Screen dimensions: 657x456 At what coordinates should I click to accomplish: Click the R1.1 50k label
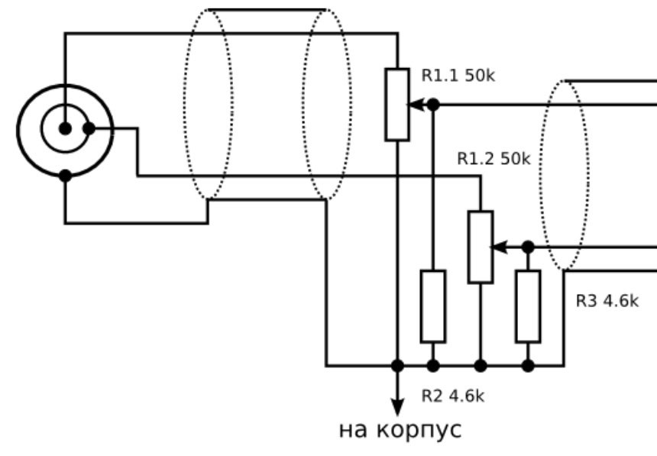(x=458, y=76)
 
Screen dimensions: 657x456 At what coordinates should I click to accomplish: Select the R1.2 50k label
(x=494, y=159)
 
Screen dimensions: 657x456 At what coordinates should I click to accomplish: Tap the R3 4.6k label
(x=607, y=301)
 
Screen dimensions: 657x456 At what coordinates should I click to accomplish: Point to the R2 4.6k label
(x=452, y=396)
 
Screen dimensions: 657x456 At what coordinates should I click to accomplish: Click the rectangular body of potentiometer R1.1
(x=397, y=105)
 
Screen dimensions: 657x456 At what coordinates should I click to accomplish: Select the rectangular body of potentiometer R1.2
(x=481, y=247)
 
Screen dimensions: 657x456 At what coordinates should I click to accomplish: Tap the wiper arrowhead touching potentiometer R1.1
(x=416, y=105)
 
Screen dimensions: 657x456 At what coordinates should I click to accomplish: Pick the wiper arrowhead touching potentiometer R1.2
(x=499, y=247)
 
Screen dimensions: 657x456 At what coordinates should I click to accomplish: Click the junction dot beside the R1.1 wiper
(x=433, y=105)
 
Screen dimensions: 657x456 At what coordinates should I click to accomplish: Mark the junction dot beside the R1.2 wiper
(x=528, y=247)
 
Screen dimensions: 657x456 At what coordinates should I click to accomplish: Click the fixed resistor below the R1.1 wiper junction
(x=433, y=306)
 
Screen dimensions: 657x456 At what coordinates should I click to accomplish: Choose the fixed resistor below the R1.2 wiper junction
(x=528, y=306)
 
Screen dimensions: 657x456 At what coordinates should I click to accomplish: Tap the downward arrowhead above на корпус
(x=397, y=407)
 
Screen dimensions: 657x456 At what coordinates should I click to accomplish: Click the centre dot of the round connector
(x=65, y=128)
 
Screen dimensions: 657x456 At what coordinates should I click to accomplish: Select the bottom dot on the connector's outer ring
(x=65, y=176)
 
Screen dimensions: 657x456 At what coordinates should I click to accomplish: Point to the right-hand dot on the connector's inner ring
(x=89, y=128)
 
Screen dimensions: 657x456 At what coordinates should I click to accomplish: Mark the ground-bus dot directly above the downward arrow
(x=397, y=366)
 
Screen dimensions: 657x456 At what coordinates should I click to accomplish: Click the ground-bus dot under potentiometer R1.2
(x=481, y=366)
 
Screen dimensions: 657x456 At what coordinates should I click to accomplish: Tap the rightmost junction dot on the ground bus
(x=528, y=366)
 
